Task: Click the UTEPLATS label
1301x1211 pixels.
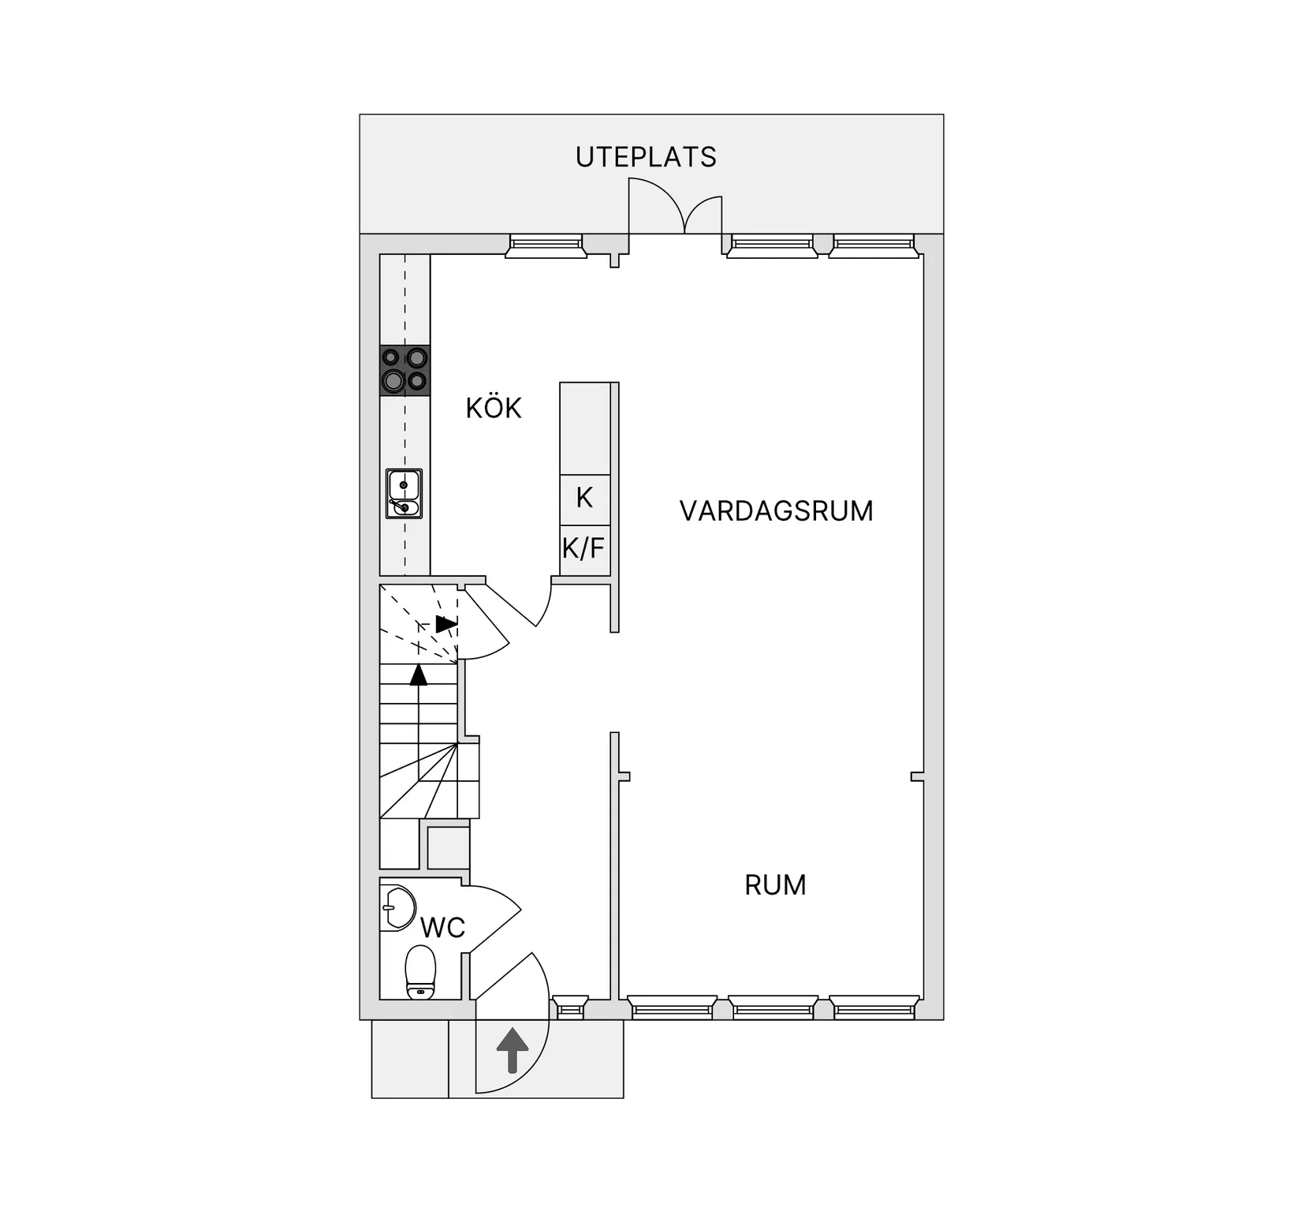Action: click(646, 157)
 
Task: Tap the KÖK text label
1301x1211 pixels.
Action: click(494, 408)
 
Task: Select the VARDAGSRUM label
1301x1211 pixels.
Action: click(776, 511)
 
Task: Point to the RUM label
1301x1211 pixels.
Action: click(775, 885)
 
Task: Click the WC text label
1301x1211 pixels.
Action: click(442, 928)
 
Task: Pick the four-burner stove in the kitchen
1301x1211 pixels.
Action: click(404, 370)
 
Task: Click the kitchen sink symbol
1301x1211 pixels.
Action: click(404, 494)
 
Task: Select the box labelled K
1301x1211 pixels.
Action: click(584, 499)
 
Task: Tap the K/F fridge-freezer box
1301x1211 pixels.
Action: click(584, 548)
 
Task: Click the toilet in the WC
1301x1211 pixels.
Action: click(420, 973)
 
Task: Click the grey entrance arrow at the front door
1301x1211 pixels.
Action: click(513, 1050)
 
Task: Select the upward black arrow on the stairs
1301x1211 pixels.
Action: click(419, 675)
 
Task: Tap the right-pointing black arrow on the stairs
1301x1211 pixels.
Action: click(446, 624)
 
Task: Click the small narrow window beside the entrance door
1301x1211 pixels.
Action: click(569, 1007)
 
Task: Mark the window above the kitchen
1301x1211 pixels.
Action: click(546, 246)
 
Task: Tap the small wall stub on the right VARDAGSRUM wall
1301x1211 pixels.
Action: click(917, 777)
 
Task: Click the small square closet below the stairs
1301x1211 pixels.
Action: click(448, 848)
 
